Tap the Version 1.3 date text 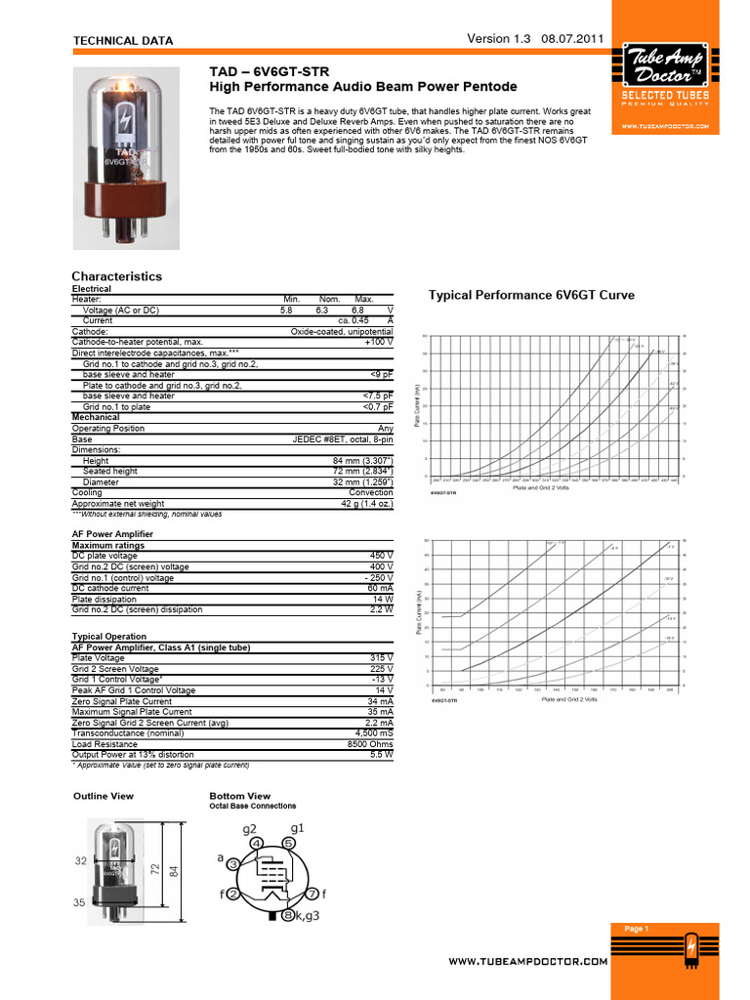(x=536, y=39)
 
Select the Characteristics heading (x=117, y=276)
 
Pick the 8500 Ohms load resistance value (x=370, y=744)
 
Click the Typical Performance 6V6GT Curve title (x=531, y=295)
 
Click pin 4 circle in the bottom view (x=255, y=843)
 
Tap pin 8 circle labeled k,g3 (x=287, y=915)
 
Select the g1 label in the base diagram (x=298, y=828)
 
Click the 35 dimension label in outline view (x=79, y=903)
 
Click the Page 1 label (x=636, y=929)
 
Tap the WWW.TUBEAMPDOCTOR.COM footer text (x=527, y=962)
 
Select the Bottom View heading (x=240, y=796)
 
